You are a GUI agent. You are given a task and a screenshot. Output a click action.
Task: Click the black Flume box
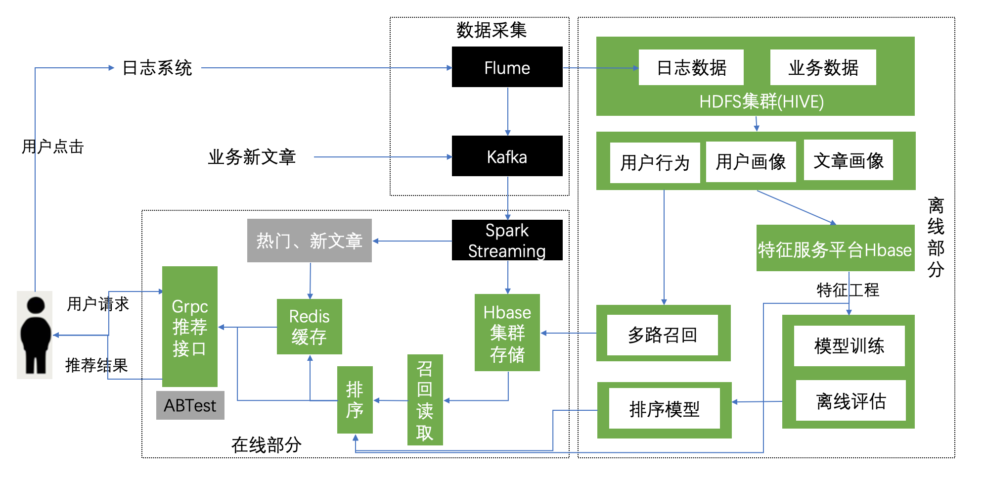coord(507,67)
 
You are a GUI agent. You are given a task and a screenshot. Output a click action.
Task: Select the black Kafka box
coord(507,156)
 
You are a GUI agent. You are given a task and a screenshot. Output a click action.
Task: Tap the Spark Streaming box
coord(507,240)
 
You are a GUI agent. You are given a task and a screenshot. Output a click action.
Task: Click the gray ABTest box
coord(190,405)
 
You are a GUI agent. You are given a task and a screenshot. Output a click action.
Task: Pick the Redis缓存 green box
coord(309,327)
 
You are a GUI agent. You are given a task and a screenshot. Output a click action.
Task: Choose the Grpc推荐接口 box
coord(189,327)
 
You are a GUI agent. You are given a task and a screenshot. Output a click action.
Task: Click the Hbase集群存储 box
coord(507,333)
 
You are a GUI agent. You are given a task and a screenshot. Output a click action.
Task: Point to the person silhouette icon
coord(35,335)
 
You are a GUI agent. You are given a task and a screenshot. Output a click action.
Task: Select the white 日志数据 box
coord(691,67)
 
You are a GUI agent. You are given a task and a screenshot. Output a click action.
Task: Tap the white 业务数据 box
coord(823,67)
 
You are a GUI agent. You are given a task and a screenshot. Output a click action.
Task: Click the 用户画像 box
coord(751,162)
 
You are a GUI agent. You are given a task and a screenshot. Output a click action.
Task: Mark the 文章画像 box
coord(848,160)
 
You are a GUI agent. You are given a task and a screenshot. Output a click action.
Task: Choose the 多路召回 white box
coord(662,335)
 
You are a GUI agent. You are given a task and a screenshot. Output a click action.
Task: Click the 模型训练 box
coord(849,346)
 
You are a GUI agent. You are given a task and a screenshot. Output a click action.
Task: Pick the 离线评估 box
coord(850,400)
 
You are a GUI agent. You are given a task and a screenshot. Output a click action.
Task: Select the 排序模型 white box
coord(664,409)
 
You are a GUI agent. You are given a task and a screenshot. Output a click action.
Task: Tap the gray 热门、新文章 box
coord(309,241)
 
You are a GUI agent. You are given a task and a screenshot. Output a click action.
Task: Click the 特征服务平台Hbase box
coord(835,248)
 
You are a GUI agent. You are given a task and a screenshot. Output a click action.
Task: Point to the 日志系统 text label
coord(157,68)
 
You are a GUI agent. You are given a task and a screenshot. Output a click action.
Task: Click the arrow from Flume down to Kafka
coord(508,111)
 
